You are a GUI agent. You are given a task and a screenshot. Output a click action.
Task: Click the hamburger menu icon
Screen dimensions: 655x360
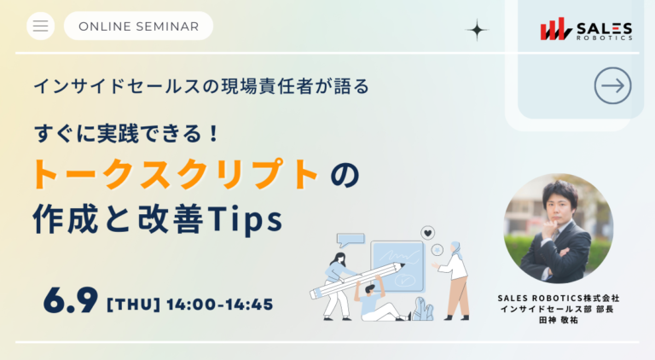(41, 26)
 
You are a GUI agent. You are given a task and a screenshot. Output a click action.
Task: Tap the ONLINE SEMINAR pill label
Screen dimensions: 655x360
(138, 26)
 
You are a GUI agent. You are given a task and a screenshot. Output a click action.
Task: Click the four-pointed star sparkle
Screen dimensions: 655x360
(477, 30)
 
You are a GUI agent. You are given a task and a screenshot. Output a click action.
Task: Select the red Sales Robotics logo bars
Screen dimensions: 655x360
(555, 29)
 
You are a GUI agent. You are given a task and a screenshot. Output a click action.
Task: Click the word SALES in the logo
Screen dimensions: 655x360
(604, 28)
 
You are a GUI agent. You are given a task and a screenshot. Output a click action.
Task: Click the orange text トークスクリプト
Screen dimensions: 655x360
(176, 174)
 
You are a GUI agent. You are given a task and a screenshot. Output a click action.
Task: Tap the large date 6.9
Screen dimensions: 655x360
(71, 300)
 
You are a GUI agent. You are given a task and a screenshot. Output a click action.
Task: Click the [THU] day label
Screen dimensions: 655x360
(134, 305)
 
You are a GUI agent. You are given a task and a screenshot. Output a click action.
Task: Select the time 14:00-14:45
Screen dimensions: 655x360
(220, 305)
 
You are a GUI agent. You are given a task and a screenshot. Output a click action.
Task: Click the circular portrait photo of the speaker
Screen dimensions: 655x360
(559, 229)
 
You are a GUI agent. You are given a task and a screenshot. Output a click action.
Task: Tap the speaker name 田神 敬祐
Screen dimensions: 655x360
(559, 320)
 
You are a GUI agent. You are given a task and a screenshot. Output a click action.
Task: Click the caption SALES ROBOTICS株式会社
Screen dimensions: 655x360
(559, 299)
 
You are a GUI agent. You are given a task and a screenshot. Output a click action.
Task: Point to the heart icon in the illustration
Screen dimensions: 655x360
(427, 233)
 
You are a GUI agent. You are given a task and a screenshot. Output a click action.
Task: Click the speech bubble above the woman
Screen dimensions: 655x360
(351, 240)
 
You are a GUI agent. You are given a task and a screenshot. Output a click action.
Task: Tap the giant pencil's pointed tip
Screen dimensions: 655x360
(403, 264)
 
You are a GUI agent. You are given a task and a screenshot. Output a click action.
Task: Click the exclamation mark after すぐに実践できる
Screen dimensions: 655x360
(214, 134)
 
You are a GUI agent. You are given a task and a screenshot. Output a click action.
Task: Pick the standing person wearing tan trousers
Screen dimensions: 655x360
(453, 281)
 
